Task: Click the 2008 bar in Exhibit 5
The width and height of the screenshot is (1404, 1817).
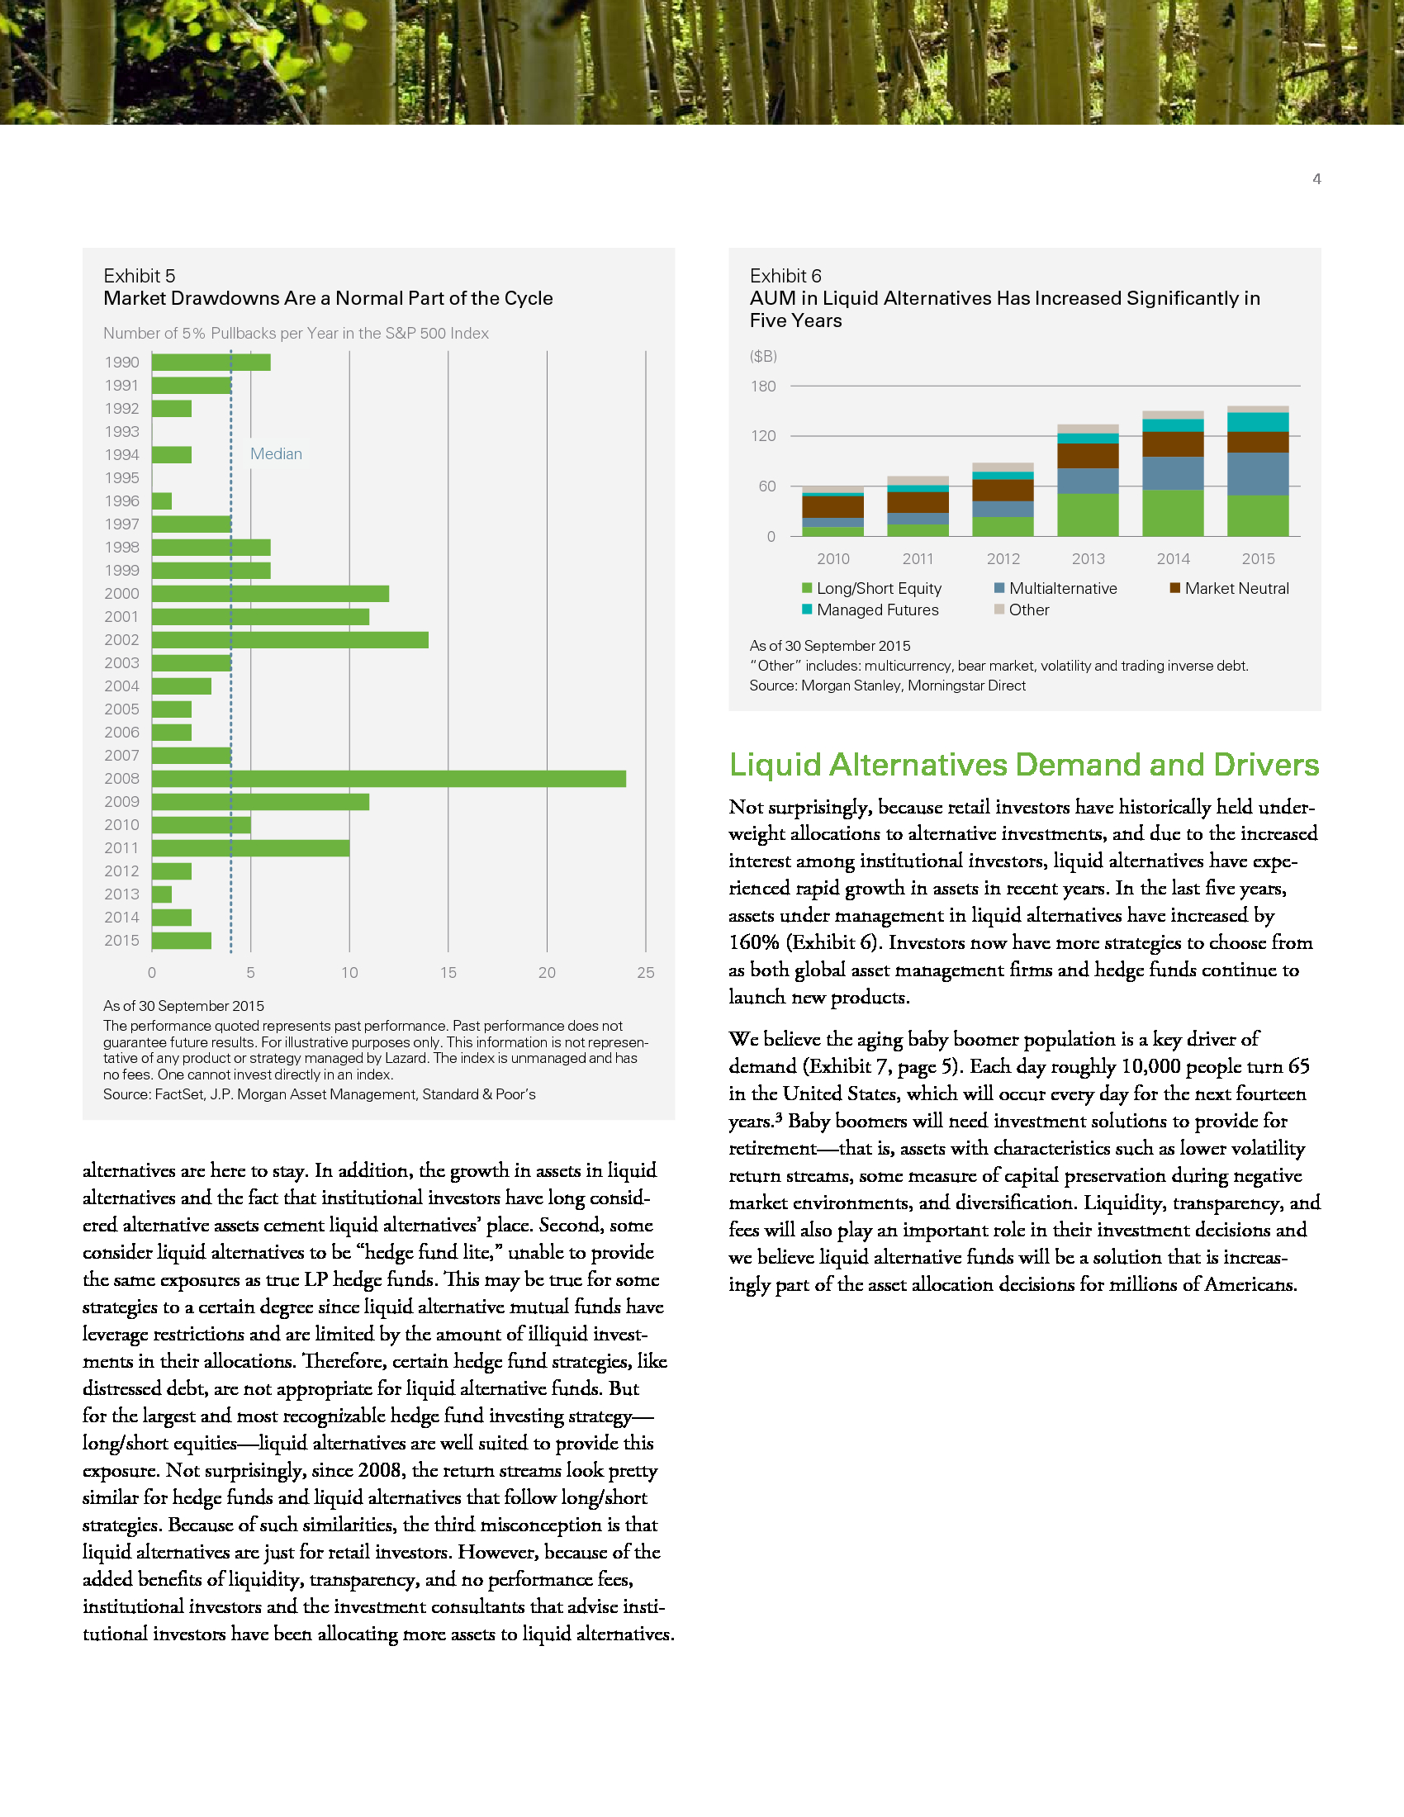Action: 388,779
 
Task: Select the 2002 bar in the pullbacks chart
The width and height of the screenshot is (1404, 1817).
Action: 289,640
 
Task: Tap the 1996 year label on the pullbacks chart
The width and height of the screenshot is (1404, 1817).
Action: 121,501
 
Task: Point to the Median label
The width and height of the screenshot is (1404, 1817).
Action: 276,454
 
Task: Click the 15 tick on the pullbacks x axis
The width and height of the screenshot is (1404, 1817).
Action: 448,973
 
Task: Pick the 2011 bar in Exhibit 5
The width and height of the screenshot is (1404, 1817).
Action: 250,847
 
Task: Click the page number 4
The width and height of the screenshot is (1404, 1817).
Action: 1316,179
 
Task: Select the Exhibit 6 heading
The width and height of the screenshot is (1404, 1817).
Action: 785,276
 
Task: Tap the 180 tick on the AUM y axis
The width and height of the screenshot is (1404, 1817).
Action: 763,386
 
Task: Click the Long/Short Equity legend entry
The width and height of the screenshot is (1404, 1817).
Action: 879,588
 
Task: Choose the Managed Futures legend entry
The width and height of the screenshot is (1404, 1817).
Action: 876,610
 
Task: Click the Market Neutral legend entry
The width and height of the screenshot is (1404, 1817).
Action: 1236,588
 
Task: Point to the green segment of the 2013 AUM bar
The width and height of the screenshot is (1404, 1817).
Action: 1088,515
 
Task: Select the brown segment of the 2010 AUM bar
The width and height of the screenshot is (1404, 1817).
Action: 832,506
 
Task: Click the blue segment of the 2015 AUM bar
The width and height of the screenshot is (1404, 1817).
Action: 1258,474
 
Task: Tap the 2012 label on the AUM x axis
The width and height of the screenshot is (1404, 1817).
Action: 1003,559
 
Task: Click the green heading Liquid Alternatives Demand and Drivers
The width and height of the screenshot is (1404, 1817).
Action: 1024,765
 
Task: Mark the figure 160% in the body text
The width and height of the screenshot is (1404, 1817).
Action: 754,942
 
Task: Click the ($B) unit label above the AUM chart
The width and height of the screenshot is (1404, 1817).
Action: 763,356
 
